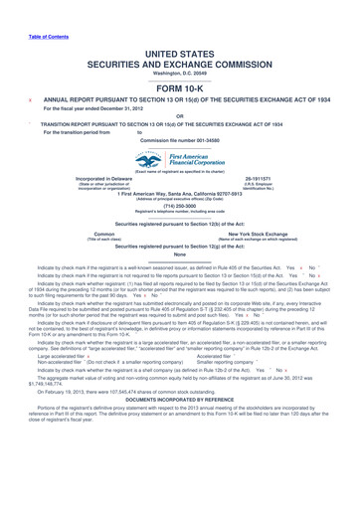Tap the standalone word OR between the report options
pos(180,112)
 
